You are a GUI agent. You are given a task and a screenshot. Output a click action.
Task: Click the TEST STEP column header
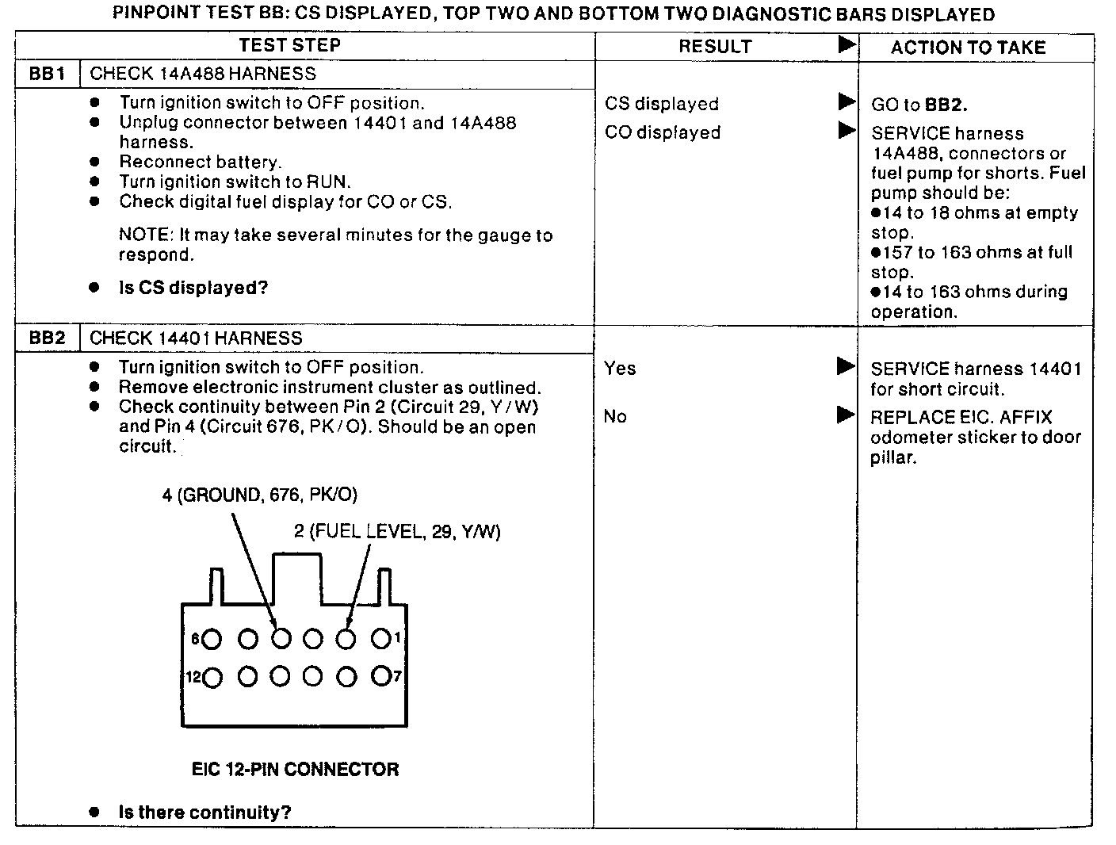[x=290, y=46]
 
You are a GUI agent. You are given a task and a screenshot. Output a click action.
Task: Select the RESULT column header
[x=715, y=47]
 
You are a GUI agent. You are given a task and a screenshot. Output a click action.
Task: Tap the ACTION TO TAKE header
[x=968, y=48]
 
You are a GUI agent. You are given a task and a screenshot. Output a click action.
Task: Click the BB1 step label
[x=47, y=75]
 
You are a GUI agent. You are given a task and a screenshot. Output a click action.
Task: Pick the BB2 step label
[x=47, y=338]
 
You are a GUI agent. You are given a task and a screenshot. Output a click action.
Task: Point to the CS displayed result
[x=661, y=104]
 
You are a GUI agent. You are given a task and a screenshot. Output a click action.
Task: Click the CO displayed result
[x=663, y=132]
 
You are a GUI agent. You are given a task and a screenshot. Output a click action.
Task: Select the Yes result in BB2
[x=620, y=368]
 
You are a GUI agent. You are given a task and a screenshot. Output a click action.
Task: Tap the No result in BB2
[x=615, y=417]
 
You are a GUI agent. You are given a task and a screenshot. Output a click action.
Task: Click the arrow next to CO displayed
[x=847, y=130]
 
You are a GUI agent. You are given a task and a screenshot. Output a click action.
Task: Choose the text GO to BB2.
[x=919, y=105]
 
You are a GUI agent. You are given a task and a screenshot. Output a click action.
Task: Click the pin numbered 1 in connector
[x=381, y=638]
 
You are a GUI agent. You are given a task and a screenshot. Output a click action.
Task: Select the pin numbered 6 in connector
[x=212, y=639]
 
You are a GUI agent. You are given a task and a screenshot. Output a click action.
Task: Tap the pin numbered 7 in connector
[x=381, y=676]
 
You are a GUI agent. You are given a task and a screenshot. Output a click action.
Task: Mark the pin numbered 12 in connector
[x=212, y=677]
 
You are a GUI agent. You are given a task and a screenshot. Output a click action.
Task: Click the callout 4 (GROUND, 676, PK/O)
[x=260, y=495]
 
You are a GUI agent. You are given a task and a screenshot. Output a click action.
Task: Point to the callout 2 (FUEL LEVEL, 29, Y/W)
[x=397, y=531]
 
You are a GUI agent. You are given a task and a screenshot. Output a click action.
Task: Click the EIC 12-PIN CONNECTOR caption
[x=295, y=769]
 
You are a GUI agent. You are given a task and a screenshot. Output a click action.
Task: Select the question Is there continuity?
[x=204, y=812]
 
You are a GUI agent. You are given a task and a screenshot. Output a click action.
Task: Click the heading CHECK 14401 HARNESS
[x=196, y=338]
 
